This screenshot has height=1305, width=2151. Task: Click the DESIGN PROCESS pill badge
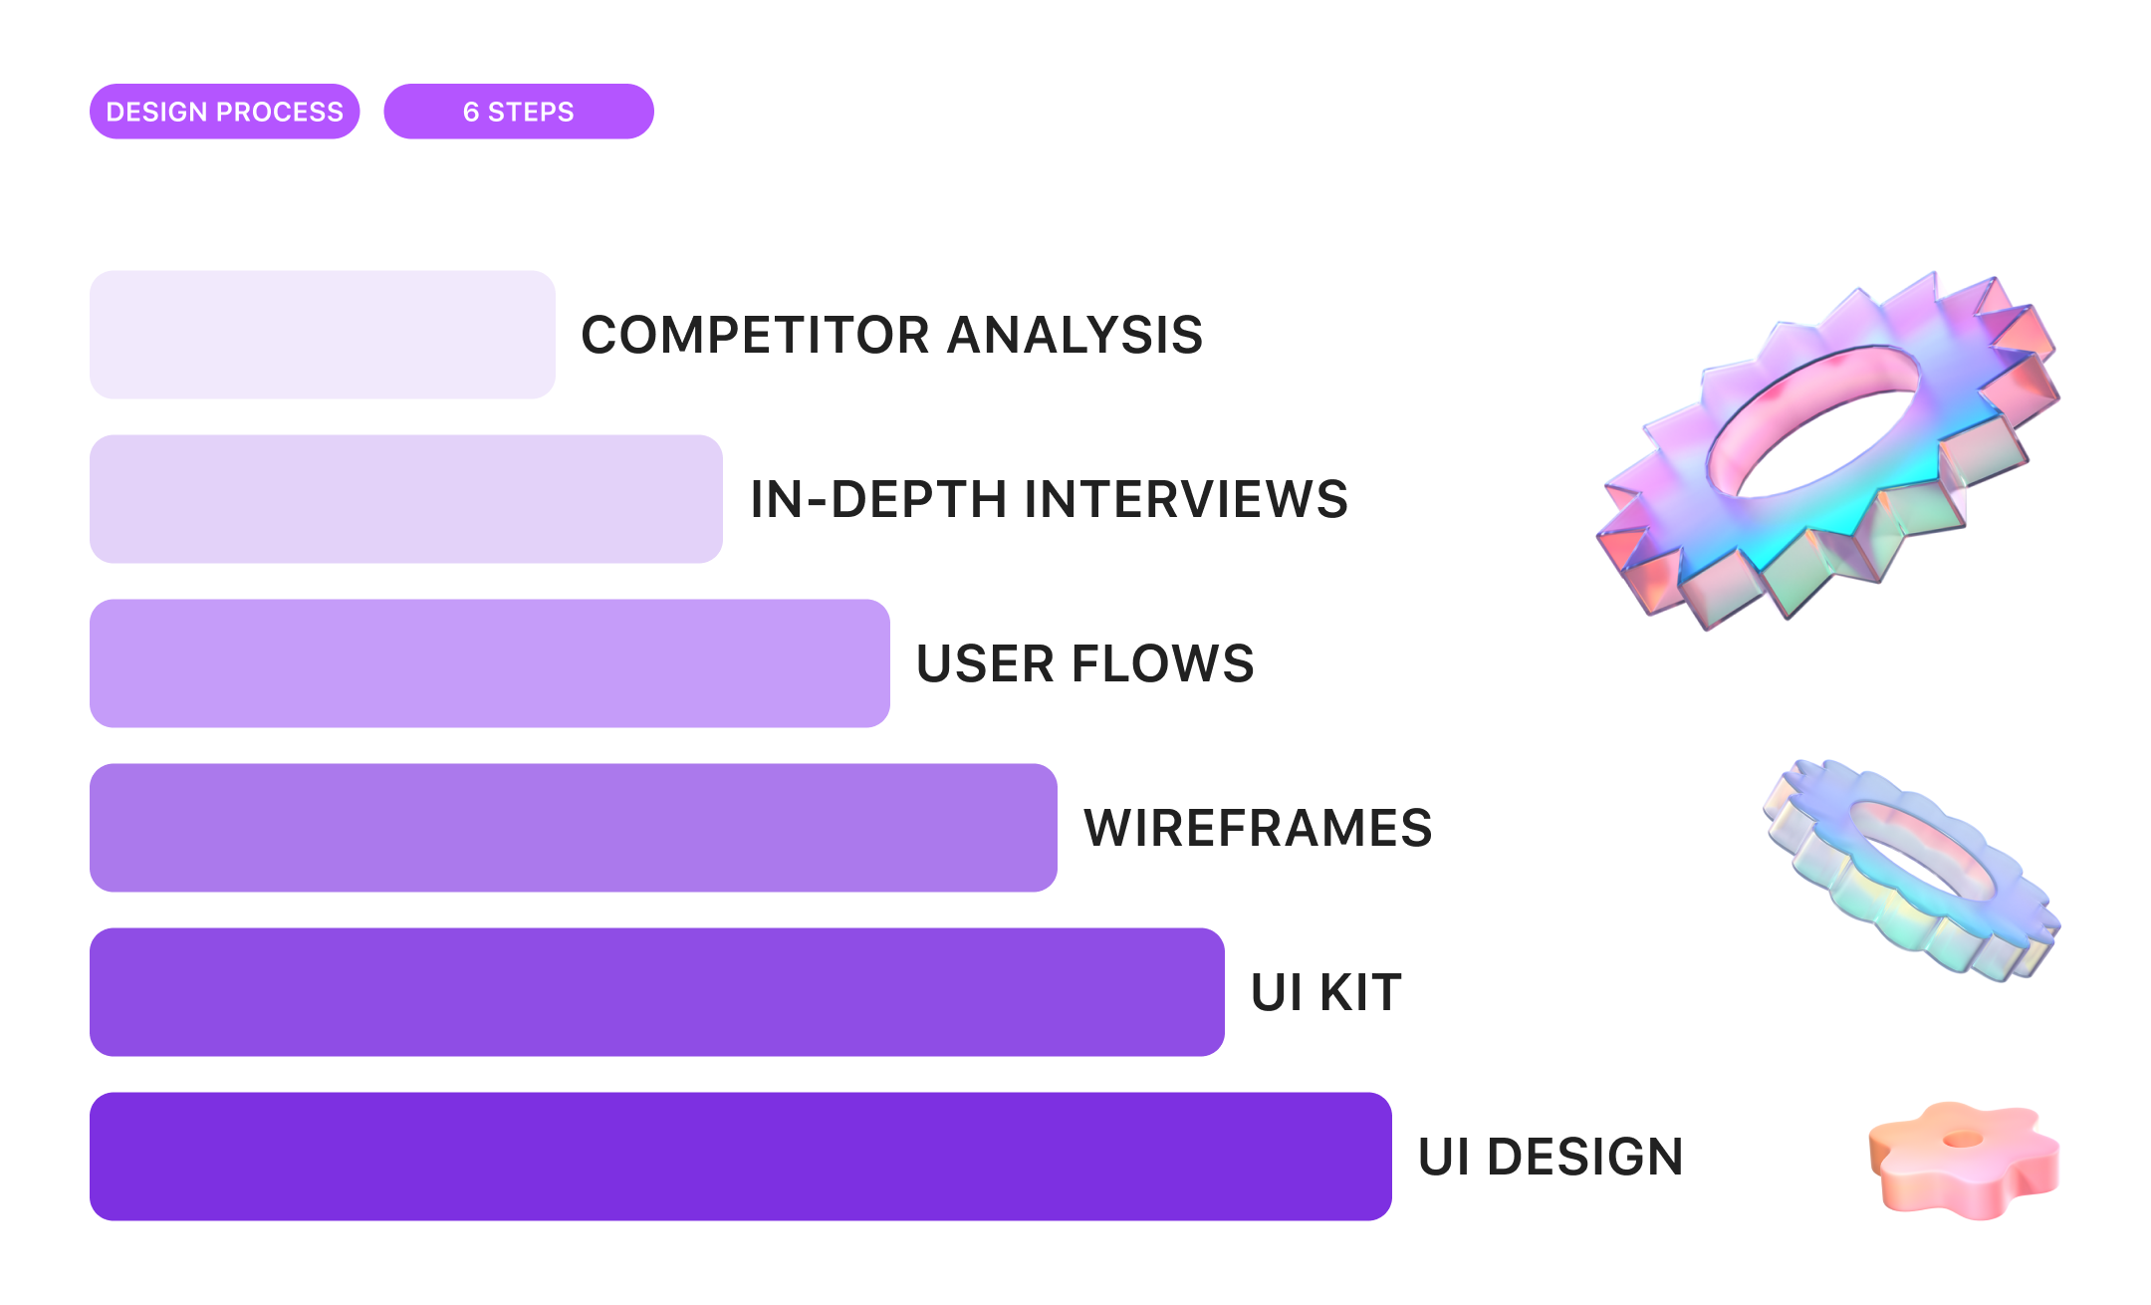(224, 112)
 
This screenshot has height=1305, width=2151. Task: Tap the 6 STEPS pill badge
(519, 112)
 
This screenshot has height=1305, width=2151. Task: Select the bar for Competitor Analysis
(323, 335)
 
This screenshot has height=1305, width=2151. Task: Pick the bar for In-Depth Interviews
(406, 499)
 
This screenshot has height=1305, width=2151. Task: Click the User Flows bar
(490, 663)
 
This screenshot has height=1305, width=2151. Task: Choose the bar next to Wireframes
(574, 828)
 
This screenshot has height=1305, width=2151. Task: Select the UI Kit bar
(657, 992)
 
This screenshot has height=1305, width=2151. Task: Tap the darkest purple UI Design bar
(741, 1157)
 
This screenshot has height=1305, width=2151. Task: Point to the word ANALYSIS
(1075, 335)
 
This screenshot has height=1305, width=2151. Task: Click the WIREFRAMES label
(1259, 828)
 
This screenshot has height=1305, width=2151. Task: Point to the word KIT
(1361, 992)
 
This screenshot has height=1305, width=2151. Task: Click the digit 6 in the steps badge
(471, 112)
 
